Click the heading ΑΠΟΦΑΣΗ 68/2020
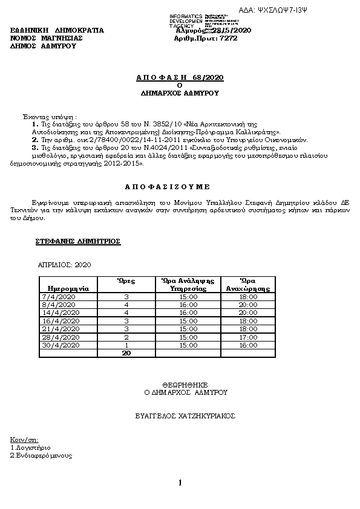[180, 78]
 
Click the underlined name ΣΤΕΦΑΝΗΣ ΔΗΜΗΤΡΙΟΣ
[78, 241]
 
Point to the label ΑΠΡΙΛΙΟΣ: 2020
[65, 265]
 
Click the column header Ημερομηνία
[64, 289]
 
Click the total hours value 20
[127, 352]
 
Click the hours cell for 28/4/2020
[127, 337]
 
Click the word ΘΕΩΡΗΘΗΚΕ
[185, 384]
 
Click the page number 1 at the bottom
[180, 482]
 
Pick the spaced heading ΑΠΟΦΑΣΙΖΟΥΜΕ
[180, 187]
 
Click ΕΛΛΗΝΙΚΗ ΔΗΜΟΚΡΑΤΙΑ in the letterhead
[57, 30]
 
